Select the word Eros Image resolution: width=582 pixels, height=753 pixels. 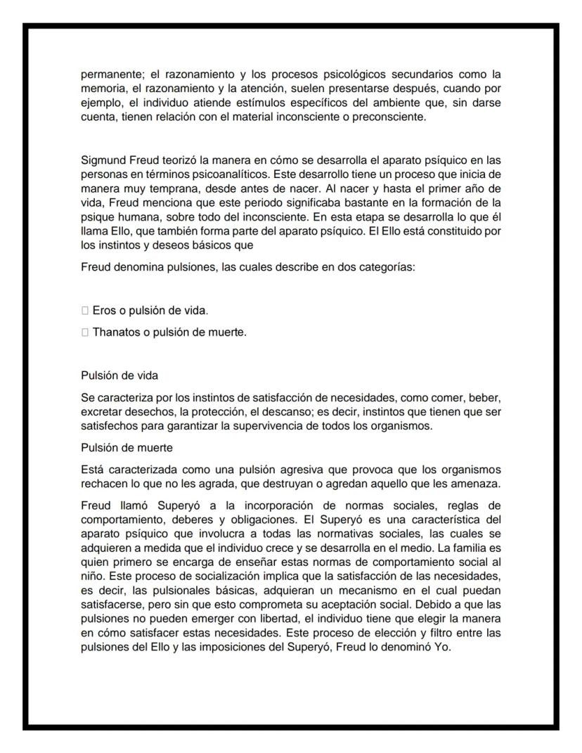(103, 310)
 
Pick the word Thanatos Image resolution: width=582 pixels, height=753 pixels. (115, 332)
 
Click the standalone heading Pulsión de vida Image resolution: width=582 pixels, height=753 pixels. (119, 375)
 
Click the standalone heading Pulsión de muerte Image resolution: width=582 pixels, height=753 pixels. (127, 447)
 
